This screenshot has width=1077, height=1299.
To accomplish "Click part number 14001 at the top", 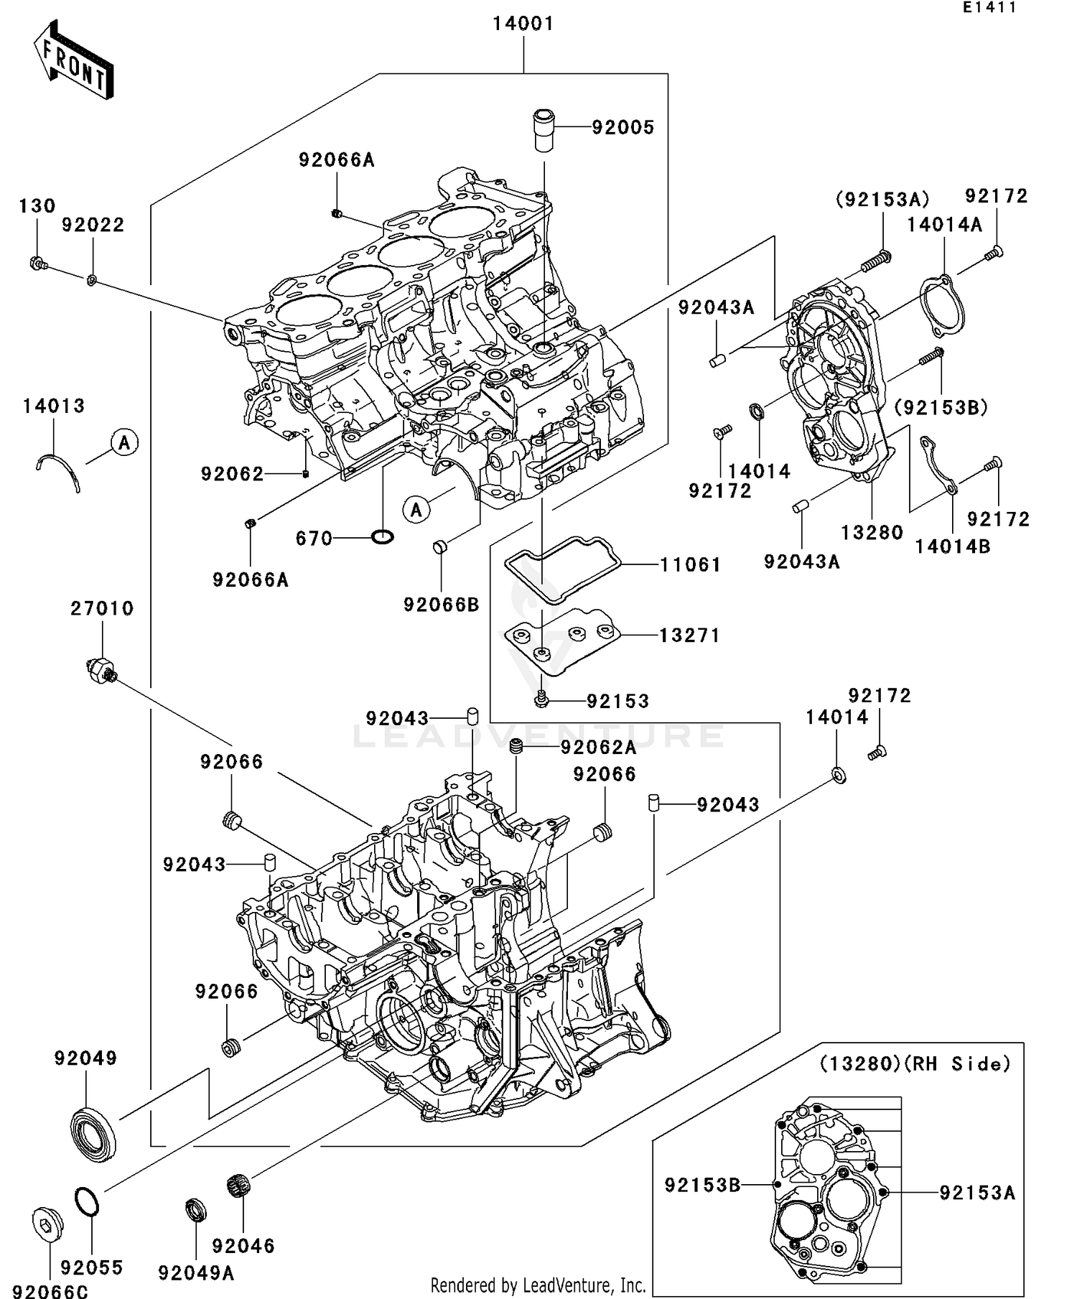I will click(x=523, y=24).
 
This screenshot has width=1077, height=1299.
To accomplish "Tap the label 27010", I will click(x=102, y=609).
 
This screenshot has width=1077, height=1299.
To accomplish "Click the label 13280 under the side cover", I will click(x=872, y=533).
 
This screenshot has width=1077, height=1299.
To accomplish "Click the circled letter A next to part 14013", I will click(x=124, y=442).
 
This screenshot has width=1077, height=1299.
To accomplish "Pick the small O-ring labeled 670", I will click(x=383, y=536).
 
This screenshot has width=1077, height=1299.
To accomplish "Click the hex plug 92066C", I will click(x=48, y=1224).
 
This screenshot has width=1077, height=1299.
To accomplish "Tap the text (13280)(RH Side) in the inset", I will click(x=915, y=1063).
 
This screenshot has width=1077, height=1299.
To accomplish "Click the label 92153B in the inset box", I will click(x=701, y=1186).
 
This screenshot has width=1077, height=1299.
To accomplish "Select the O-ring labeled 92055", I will click(x=87, y=1202).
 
